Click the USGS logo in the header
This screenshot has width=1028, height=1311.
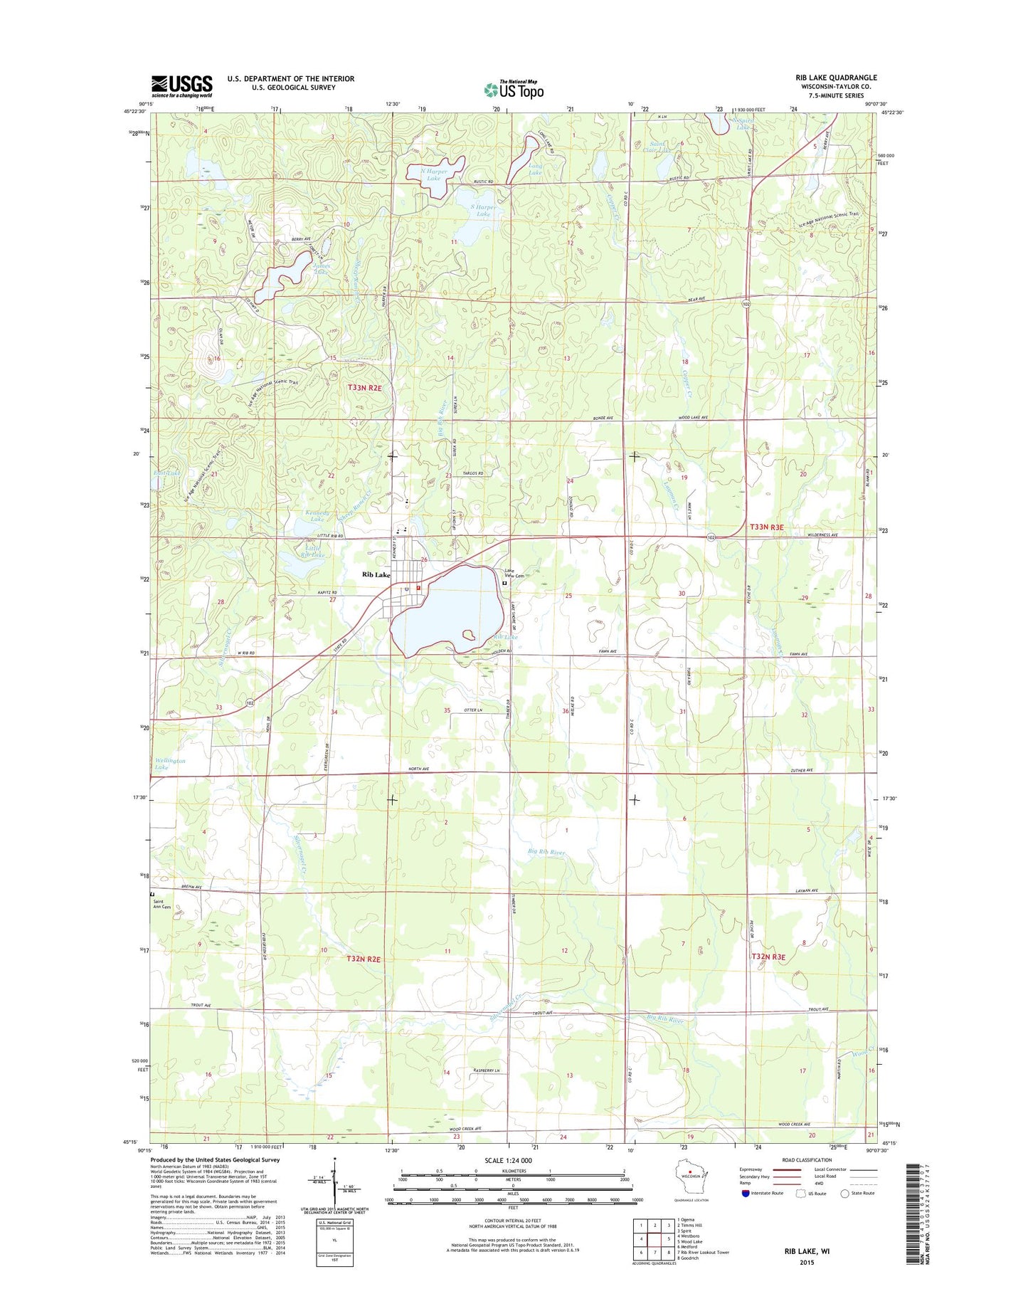point(181,86)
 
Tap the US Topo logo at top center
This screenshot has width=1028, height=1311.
point(514,90)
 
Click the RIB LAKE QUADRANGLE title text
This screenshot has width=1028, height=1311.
point(836,78)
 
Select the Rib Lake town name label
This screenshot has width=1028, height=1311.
point(376,575)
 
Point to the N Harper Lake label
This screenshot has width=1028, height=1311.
point(430,174)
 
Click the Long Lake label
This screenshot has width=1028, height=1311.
point(534,169)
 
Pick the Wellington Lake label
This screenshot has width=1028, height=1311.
point(170,764)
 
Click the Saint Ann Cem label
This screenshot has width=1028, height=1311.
point(162,905)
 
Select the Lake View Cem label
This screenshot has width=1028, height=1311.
point(514,573)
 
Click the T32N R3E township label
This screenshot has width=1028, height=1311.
point(768,957)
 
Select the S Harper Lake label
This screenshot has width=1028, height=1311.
point(483,210)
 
